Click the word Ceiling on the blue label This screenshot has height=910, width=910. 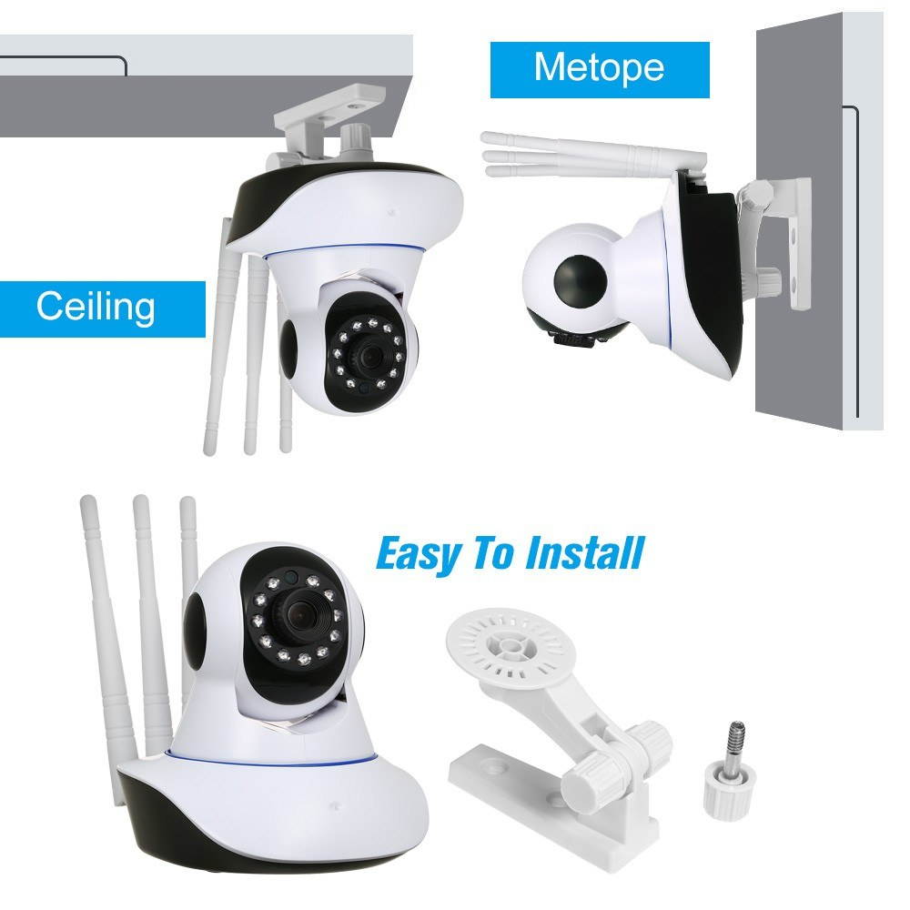[96, 307]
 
